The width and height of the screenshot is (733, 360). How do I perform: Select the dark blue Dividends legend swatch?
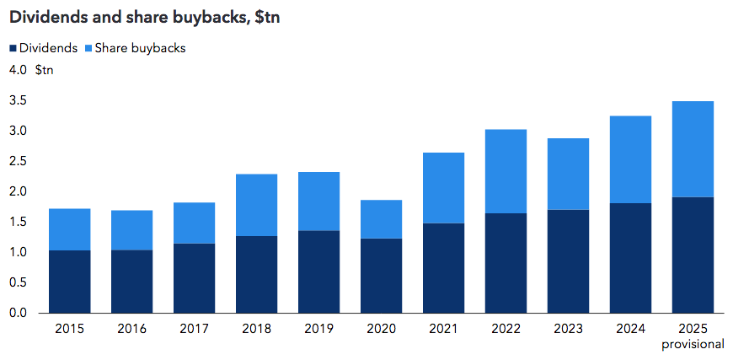[13, 49]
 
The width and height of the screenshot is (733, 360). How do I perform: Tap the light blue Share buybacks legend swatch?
[88, 49]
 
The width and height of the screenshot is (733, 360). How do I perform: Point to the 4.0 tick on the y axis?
[18, 70]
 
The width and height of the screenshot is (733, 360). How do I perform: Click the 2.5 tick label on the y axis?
[18, 161]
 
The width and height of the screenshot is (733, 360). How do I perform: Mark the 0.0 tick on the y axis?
[18, 313]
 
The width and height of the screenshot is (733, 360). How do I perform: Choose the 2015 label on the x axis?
[68, 329]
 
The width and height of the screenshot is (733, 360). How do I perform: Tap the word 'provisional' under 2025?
[693, 344]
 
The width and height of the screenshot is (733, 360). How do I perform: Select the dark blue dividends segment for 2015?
[68, 282]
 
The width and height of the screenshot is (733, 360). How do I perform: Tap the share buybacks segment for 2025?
[692, 149]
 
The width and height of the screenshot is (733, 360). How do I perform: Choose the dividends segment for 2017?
[193, 278]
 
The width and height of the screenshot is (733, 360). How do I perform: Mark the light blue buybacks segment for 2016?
[131, 230]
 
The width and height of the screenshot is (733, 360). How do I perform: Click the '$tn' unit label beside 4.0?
[45, 70]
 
